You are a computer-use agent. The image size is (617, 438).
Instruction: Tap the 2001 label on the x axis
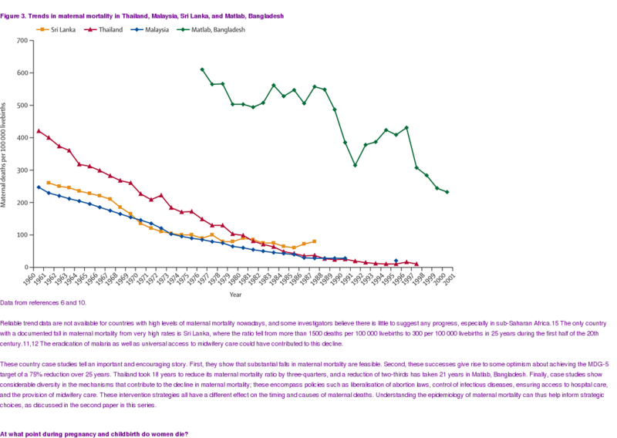coord(448,277)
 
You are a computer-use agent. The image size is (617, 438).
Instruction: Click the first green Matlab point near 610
coord(202,69)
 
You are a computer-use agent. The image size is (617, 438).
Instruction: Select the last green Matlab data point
coord(447,192)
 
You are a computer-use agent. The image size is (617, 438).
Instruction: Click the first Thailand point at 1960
coord(39,131)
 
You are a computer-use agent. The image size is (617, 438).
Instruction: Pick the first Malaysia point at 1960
coord(39,187)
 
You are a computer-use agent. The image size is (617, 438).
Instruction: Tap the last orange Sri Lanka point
coord(314,241)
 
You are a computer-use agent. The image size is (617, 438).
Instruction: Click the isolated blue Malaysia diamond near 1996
coord(396,261)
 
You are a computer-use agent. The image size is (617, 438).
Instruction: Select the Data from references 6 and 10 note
coord(43,303)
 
